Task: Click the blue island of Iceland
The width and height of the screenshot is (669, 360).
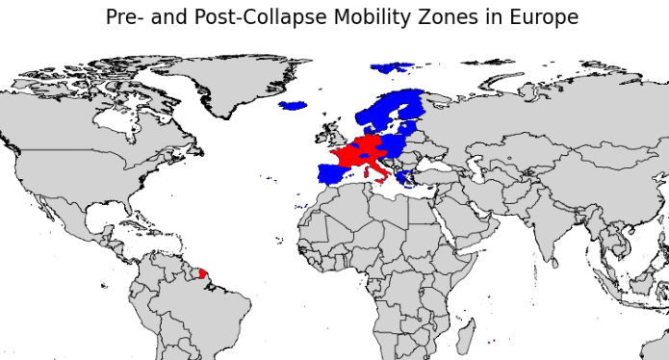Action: point(292,105)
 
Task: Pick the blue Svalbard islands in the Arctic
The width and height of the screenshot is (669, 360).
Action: point(391,67)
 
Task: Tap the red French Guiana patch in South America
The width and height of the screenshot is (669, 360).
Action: point(202,274)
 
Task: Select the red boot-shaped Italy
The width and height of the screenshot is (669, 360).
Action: point(381,170)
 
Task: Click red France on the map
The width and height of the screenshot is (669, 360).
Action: point(347,154)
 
